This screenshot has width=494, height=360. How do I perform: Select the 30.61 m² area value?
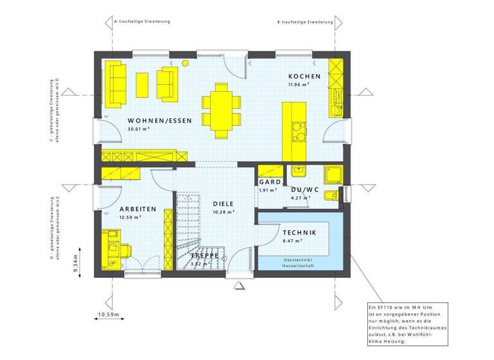click(x=138, y=129)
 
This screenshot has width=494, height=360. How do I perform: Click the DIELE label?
click(x=223, y=203)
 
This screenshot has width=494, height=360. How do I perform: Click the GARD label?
click(x=269, y=182)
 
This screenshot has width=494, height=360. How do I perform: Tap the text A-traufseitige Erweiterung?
click(x=142, y=22)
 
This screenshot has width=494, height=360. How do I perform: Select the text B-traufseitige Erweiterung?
click(x=305, y=22)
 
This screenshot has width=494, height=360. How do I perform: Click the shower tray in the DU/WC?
click(x=333, y=172)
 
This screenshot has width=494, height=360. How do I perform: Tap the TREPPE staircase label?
click(x=205, y=255)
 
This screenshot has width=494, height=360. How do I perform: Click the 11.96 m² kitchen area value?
click(x=299, y=85)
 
